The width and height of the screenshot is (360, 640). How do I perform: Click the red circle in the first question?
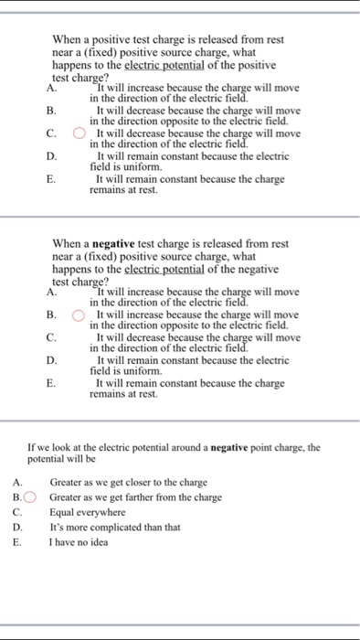pyautogui.click(x=79, y=133)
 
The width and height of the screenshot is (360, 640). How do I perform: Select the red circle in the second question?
pyautogui.click(x=79, y=315)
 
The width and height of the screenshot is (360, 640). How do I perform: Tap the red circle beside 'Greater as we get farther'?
pyautogui.click(x=33, y=497)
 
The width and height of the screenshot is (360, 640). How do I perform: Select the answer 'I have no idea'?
pyautogui.click(x=79, y=541)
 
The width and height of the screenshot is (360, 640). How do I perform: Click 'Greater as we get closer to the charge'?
pyautogui.click(x=128, y=483)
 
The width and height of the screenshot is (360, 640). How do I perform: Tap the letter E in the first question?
pyautogui.click(x=51, y=180)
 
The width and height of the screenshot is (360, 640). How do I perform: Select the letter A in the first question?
pyautogui.click(x=51, y=89)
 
